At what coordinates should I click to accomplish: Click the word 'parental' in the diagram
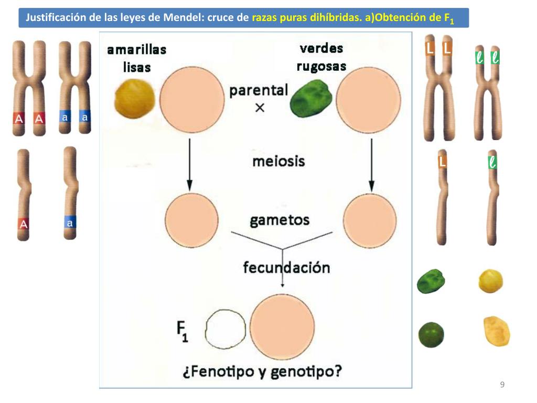(259, 90)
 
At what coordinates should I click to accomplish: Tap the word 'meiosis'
(278, 161)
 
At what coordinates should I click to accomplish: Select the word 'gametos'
(280, 220)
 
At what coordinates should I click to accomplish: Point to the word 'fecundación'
(286, 268)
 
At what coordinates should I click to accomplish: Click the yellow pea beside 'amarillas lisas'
(135, 99)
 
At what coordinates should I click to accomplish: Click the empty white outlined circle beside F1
(225, 328)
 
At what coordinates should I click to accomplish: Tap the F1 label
(181, 332)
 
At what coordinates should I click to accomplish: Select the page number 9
(502, 385)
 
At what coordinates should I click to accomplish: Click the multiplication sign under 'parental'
(259, 108)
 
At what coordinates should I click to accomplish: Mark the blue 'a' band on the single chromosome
(70, 224)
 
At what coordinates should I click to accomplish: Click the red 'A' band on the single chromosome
(23, 225)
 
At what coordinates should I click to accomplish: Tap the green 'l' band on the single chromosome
(491, 163)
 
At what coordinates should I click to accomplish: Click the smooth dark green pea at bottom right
(431, 335)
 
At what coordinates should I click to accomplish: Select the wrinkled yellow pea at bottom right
(496, 331)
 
